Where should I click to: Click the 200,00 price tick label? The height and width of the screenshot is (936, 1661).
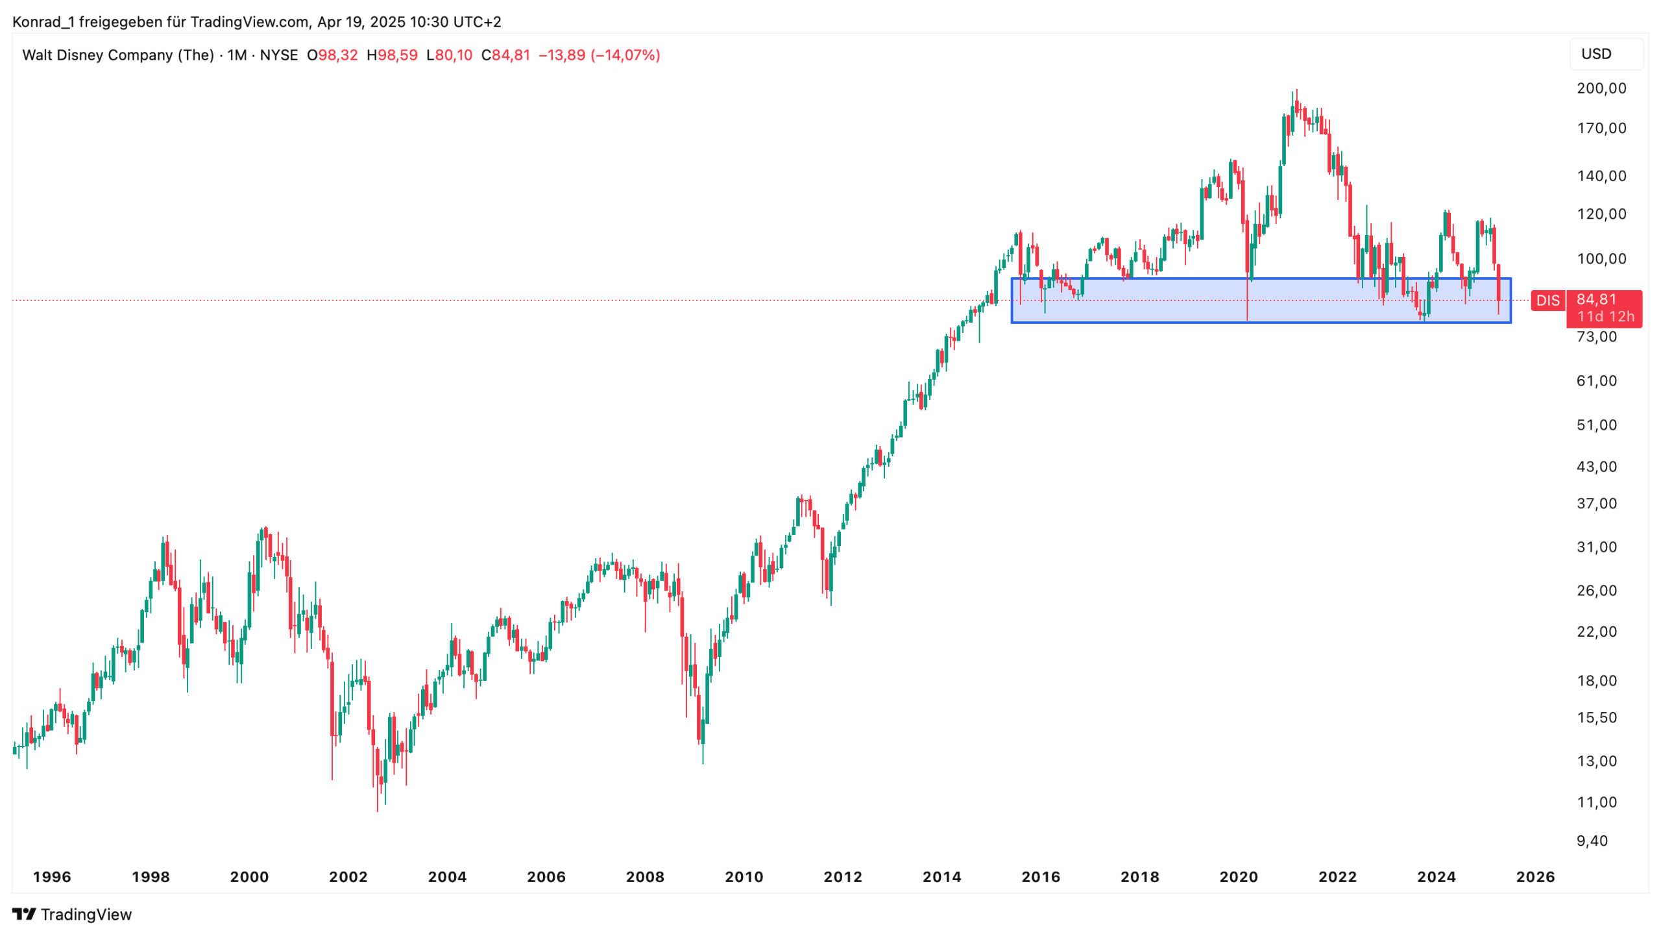click(x=1601, y=88)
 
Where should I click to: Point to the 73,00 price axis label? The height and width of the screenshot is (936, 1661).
click(x=1596, y=336)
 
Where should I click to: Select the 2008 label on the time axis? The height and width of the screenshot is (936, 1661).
click(x=644, y=877)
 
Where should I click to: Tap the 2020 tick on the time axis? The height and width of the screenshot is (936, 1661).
click(x=1238, y=877)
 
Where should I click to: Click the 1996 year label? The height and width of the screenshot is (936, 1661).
click(x=52, y=877)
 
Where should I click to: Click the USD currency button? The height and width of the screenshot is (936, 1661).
click(x=1595, y=54)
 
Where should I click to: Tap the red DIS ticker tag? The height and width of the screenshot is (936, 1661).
click(x=1547, y=301)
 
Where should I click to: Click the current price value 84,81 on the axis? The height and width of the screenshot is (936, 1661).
click(x=1596, y=299)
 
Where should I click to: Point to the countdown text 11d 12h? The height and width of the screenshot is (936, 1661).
click(x=1605, y=316)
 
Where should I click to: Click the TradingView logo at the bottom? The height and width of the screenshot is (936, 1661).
click(x=72, y=914)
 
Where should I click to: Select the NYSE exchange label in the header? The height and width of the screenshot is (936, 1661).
click(x=278, y=55)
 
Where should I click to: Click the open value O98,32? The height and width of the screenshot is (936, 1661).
click(x=332, y=55)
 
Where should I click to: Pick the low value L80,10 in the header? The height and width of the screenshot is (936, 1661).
click(x=449, y=55)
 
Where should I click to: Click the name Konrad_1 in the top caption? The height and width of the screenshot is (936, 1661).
click(x=43, y=22)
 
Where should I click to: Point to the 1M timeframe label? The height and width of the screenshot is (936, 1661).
click(x=237, y=55)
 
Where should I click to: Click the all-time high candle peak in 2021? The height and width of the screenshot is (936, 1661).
click(x=1296, y=90)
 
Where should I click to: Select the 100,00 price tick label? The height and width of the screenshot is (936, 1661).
click(x=1601, y=258)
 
